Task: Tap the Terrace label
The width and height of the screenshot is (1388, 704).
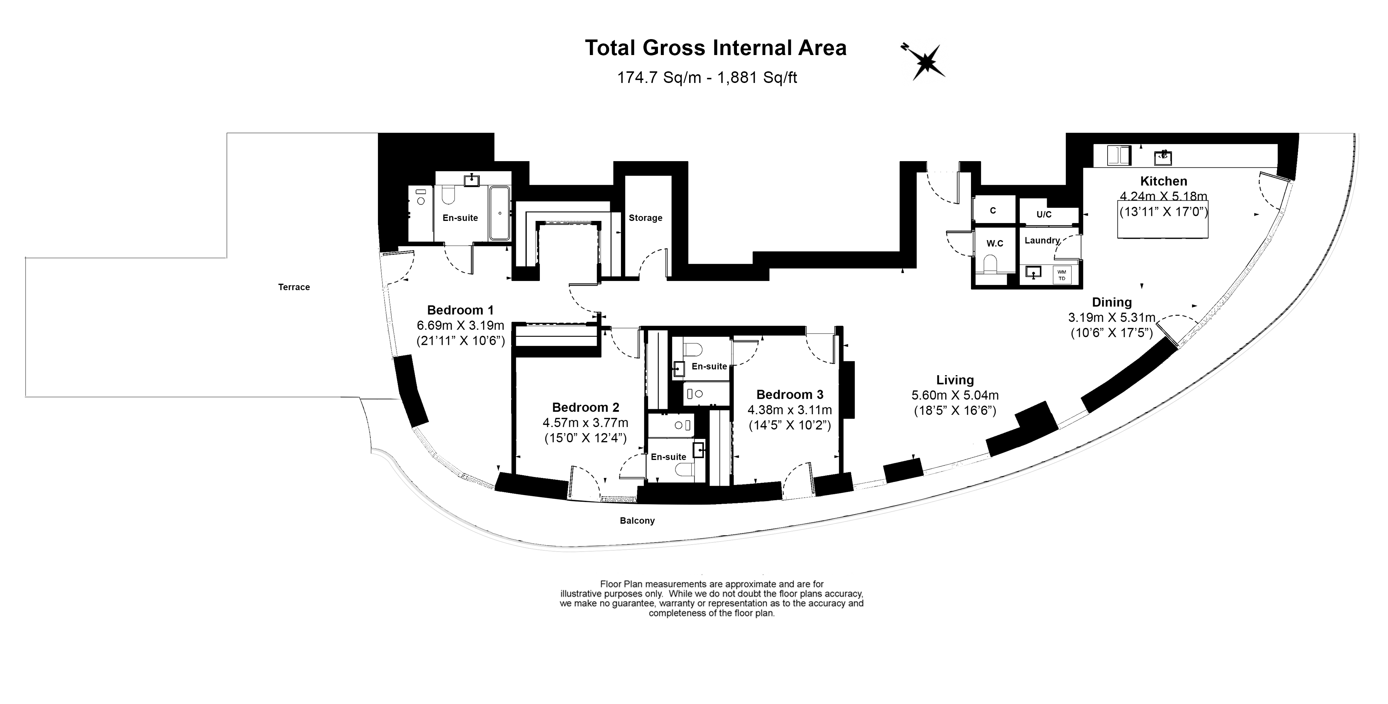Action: tap(294, 287)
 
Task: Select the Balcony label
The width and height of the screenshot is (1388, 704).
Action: tap(637, 521)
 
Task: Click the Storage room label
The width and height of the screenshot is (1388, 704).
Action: tap(645, 218)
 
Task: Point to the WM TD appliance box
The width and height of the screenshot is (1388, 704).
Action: tap(1062, 275)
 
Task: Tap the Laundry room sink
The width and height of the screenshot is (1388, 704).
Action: tap(1033, 273)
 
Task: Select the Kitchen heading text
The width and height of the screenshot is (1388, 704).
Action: tap(1163, 181)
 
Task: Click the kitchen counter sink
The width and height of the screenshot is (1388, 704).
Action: tap(1163, 158)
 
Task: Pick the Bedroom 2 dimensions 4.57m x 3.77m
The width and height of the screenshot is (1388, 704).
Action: tap(585, 423)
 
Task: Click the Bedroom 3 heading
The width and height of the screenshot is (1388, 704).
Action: tap(789, 394)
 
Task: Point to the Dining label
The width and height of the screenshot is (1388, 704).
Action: tap(1112, 302)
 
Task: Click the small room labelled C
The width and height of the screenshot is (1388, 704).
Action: tap(992, 211)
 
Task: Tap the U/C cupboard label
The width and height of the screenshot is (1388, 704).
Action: tap(1044, 214)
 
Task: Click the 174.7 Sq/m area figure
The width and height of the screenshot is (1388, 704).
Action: tap(658, 77)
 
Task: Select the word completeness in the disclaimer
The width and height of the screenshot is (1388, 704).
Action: tap(672, 613)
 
